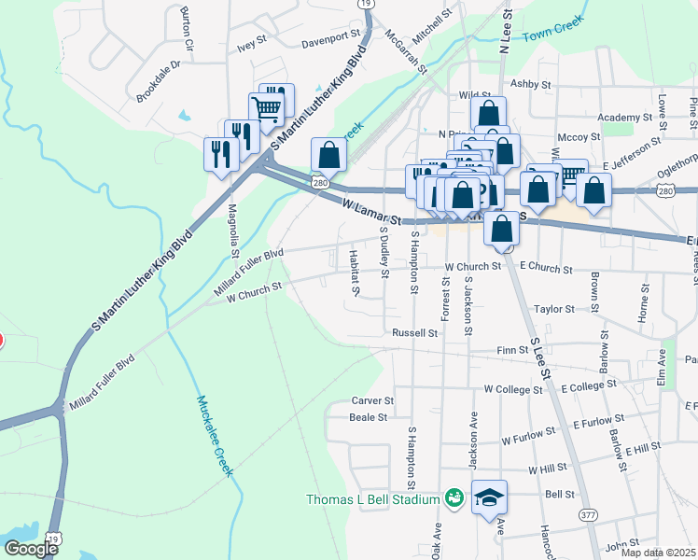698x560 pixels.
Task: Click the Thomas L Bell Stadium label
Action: click(372, 499)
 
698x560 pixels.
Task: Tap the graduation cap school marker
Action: click(489, 499)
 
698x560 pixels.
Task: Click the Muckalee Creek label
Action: click(215, 436)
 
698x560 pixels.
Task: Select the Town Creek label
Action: click(552, 31)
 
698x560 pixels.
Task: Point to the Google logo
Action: click(31, 549)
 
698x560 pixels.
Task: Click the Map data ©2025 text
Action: click(657, 553)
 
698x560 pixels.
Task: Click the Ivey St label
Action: click(252, 44)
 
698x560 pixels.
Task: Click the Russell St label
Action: click(414, 332)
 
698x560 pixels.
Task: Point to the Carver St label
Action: click(372, 400)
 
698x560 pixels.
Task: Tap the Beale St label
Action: click(368, 417)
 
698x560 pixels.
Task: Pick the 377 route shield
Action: click(588, 514)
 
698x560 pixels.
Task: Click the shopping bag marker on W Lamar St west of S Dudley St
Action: click(328, 155)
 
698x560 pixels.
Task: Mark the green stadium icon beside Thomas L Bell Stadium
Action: click(454, 498)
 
